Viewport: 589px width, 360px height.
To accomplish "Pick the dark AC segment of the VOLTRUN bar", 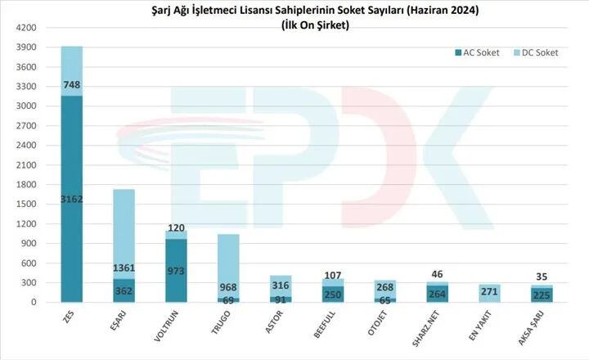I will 177,270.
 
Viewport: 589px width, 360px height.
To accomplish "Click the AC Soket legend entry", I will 479,52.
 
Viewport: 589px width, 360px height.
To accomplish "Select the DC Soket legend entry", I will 537,52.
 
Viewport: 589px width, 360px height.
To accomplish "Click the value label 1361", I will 124,268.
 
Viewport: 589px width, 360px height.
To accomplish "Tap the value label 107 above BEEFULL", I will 334,275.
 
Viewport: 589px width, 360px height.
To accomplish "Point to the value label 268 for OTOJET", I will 386,286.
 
